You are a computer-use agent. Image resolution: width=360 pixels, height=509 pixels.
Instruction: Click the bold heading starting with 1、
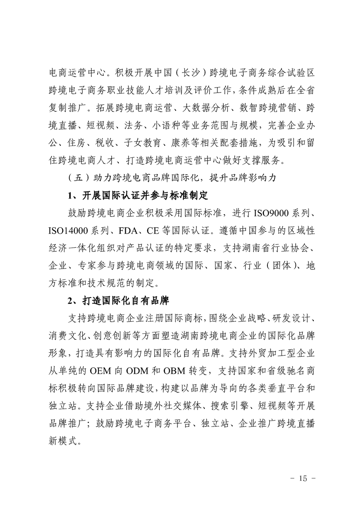(137, 196)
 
